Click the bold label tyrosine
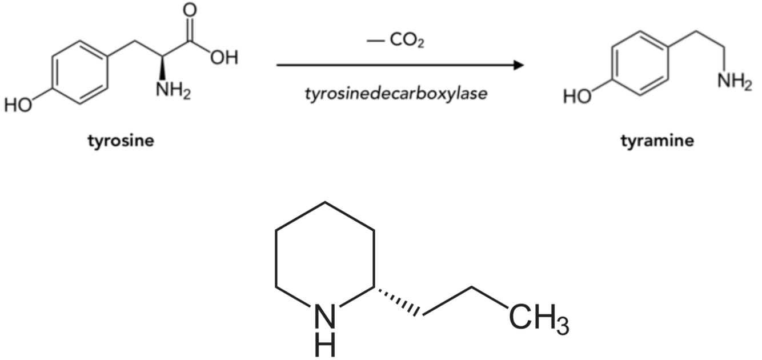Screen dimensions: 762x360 tap(121, 141)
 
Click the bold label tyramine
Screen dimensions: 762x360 tap(657, 141)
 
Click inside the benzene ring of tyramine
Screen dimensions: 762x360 tap(639, 63)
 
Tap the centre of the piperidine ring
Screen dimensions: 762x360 tap(325, 257)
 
